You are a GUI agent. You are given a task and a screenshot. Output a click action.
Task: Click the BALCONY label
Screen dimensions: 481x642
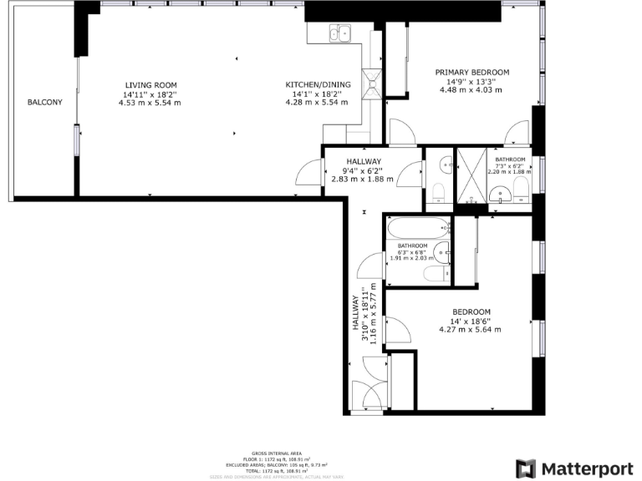point(44,102)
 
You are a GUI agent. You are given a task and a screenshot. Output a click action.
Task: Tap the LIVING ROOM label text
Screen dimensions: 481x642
point(150,85)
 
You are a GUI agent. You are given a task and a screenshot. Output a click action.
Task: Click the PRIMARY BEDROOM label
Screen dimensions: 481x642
point(471,73)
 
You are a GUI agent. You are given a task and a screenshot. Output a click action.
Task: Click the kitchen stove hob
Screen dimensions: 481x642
point(374,84)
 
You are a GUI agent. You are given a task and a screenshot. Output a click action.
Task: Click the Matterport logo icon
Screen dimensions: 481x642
point(525,468)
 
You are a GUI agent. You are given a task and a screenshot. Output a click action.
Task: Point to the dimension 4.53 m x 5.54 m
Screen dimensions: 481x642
point(150,103)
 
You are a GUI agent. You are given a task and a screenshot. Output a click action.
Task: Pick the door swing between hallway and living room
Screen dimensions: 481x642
point(311,173)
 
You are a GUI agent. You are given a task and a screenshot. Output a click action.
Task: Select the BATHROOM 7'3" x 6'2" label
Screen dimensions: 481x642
point(510,159)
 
